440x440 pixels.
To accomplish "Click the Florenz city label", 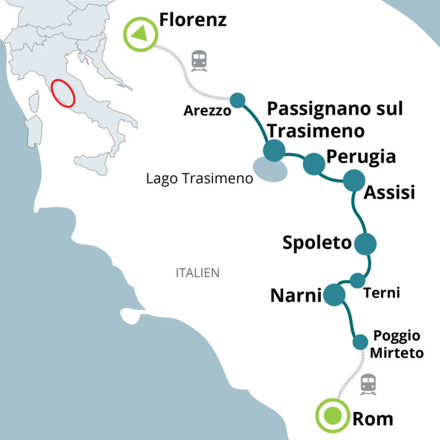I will tap(193, 20).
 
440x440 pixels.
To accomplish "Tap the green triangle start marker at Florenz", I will tap(141, 33).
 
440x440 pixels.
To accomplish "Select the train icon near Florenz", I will tap(199, 59).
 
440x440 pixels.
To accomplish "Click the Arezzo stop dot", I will tap(237, 100).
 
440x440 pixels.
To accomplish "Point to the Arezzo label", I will tap(207, 112).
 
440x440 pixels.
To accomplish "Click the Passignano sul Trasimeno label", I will tap(335, 120).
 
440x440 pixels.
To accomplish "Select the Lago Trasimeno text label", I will tap(200, 179).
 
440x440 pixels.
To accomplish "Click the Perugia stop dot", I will tap(314, 164).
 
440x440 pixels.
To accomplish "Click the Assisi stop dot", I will tap(354, 180).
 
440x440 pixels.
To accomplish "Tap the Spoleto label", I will tap(317, 243).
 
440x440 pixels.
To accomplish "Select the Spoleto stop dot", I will tap(365, 244).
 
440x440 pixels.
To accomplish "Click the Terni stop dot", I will tap(358, 280).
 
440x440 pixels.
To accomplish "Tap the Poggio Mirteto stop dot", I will tap(360, 341).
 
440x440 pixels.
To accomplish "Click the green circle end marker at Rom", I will tap(333, 416).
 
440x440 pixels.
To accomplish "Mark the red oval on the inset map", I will tap(63, 94).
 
